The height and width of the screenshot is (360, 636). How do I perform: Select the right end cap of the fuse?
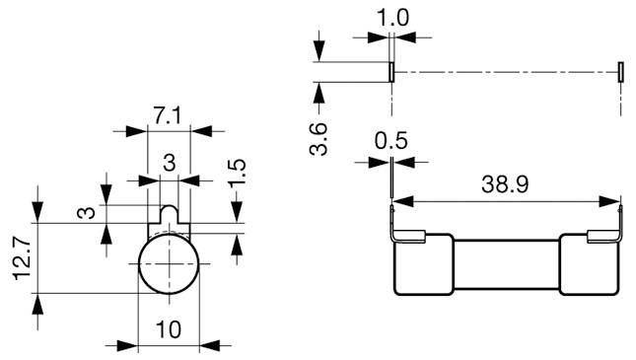[591, 264]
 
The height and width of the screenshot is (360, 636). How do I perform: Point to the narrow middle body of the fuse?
[506, 264]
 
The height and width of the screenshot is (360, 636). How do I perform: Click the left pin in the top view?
[391, 72]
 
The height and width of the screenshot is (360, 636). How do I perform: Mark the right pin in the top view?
[620, 72]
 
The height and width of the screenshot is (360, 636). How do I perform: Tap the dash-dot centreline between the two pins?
[506, 72]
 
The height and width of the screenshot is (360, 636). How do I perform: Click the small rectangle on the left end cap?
[414, 236]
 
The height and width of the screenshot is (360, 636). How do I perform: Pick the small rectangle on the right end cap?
[598, 236]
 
